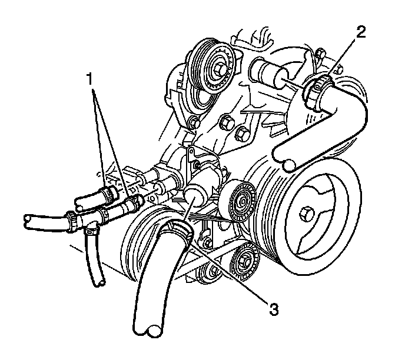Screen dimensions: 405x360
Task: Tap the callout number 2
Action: click(x=361, y=31)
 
